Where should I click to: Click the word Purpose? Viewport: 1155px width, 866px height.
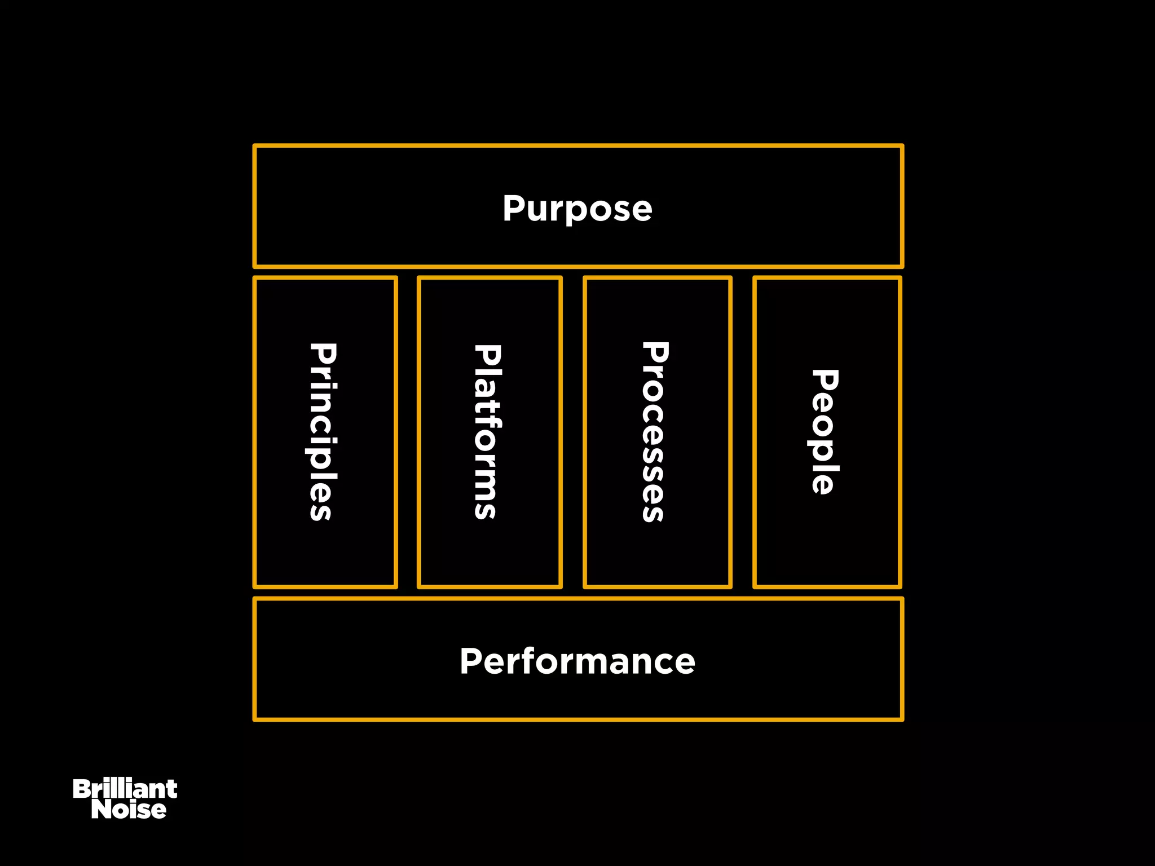(x=577, y=209)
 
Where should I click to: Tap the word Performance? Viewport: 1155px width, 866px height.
(x=577, y=661)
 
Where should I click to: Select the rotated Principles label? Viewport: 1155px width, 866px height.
(x=323, y=432)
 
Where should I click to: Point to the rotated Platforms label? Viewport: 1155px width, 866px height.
(x=487, y=432)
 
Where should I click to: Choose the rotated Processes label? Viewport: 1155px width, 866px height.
(x=655, y=432)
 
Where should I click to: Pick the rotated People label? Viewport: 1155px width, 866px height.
(x=825, y=432)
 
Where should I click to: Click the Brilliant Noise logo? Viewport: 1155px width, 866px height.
(x=125, y=799)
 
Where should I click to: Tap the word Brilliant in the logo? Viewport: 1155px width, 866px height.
(x=125, y=789)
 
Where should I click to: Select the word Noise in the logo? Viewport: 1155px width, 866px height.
(x=129, y=810)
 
